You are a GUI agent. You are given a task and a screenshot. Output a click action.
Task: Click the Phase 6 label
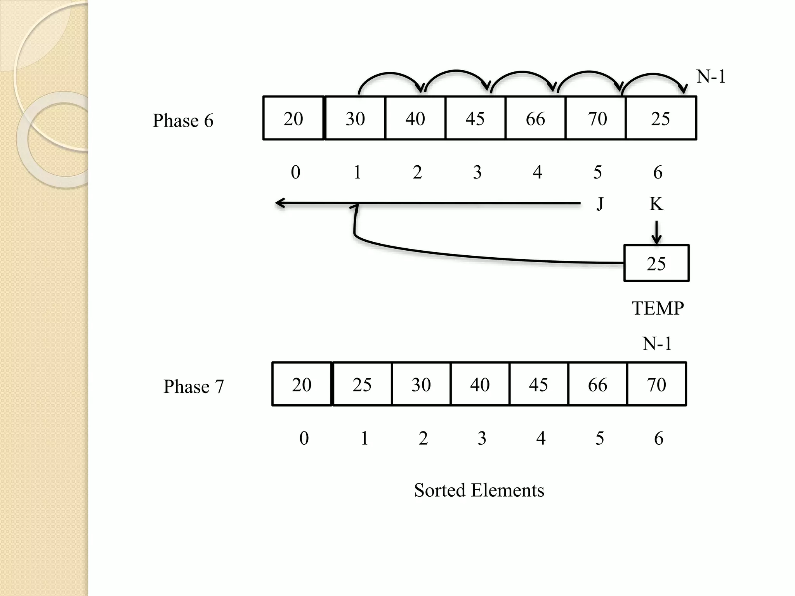(x=183, y=121)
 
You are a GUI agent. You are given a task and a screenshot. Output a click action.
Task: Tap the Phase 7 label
(x=193, y=386)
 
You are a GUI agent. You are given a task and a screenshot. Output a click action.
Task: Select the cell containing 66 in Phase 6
(x=535, y=118)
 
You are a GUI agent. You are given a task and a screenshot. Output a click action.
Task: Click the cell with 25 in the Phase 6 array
(x=660, y=118)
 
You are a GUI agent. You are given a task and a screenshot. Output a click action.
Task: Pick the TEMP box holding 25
(x=656, y=263)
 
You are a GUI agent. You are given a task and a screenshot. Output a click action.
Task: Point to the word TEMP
(x=658, y=308)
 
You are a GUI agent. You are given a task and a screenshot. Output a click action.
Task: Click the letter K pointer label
(x=656, y=204)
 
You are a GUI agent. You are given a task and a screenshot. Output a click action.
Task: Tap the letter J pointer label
(x=600, y=204)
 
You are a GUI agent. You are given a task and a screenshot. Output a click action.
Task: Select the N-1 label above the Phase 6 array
(x=711, y=76)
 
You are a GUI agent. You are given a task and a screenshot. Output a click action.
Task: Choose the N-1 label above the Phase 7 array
(x=657, y=344)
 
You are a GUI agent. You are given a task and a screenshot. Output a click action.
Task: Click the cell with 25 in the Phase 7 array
(x=362, y=384)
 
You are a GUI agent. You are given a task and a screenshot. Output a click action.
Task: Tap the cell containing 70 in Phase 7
(x=656, y=384)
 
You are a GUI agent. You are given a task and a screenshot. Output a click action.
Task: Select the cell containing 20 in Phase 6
(x=293, y=118)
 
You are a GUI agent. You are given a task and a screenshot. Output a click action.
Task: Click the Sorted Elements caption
(x=479, y=490)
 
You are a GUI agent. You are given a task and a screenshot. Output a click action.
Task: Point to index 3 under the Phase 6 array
(x=477, y=172)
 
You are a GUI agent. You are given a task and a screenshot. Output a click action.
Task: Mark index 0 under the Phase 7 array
(x=304, y=438)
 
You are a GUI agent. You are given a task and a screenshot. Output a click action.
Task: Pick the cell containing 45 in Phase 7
(x=538, y=384)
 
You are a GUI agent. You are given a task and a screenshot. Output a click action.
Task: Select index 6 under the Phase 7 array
(x=658, y=438)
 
